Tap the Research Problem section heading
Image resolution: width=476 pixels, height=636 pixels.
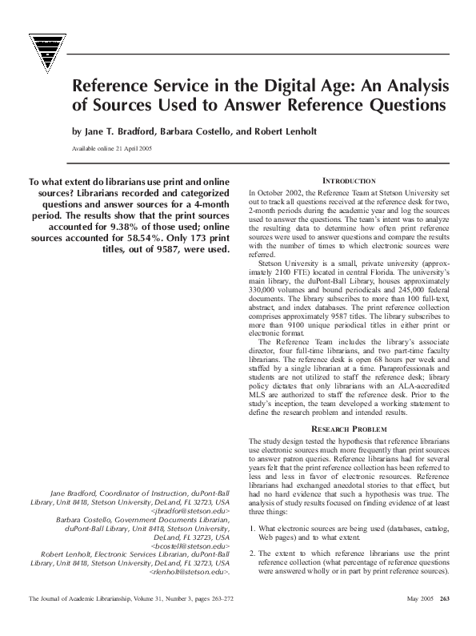coord(349,429)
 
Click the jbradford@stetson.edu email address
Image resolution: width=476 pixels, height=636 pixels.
coord(190,509)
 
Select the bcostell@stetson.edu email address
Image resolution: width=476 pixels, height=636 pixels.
coord(191,545)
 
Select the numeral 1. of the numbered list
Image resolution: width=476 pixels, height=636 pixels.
coord(252,529)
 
